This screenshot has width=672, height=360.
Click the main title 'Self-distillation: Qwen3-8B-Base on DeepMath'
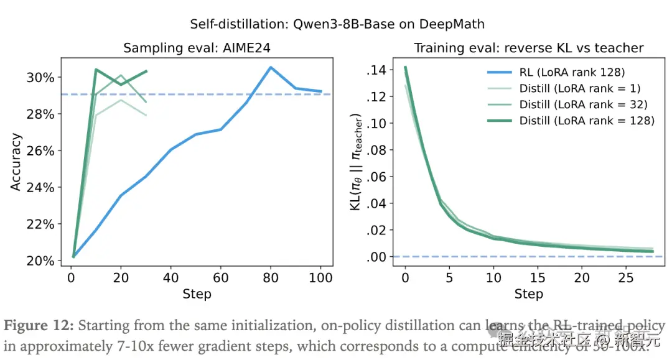click(x=337, y=25)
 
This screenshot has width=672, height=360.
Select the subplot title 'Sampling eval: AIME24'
click(x=197, y=48)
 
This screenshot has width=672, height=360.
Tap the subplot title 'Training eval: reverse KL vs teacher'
click(x=528, y=48)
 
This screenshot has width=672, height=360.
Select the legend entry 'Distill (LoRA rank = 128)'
click(x=587, y=121)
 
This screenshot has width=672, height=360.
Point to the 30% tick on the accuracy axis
click(x=41, y=78)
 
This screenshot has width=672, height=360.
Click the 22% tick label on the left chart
click(x=41, y=224)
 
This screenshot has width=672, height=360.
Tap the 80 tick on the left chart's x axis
click(x=271, y=278)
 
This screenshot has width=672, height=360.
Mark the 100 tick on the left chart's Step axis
click(x=320, y=278)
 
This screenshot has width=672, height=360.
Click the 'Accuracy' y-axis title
click(x=16, y=162)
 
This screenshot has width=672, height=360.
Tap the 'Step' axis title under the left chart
click(x=197, y=294)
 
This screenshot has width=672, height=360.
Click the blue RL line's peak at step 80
click(x=271, y=67)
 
